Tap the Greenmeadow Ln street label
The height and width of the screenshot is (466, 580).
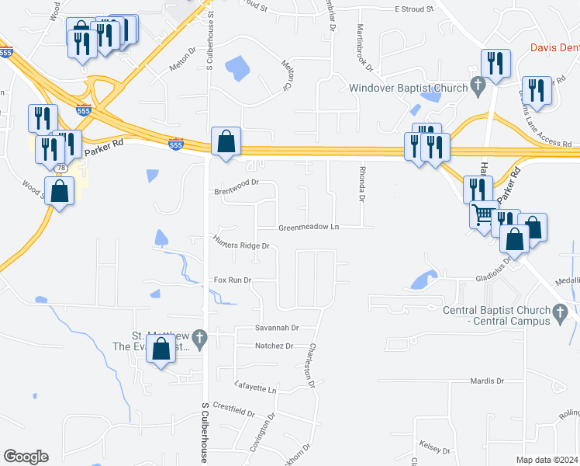pyautogui.click(x=309, y=228)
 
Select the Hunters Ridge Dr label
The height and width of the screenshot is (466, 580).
pyautogui.click(x=241, y=246)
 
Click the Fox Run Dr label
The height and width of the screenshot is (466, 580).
pyautogui.click(x=233, y=280)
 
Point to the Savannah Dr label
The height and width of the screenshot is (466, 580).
pyautogui.click(x=278, y=329)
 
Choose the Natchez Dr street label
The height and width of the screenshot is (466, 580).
pyautogui.click(x=274, y=346)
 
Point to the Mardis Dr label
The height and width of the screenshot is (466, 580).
pyautogui.click(x=487, y=381)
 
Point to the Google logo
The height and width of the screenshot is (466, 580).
pyautogui.click(x=26, y=457)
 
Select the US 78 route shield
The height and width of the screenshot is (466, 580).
pyautogui.click(x=60, y=169)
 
